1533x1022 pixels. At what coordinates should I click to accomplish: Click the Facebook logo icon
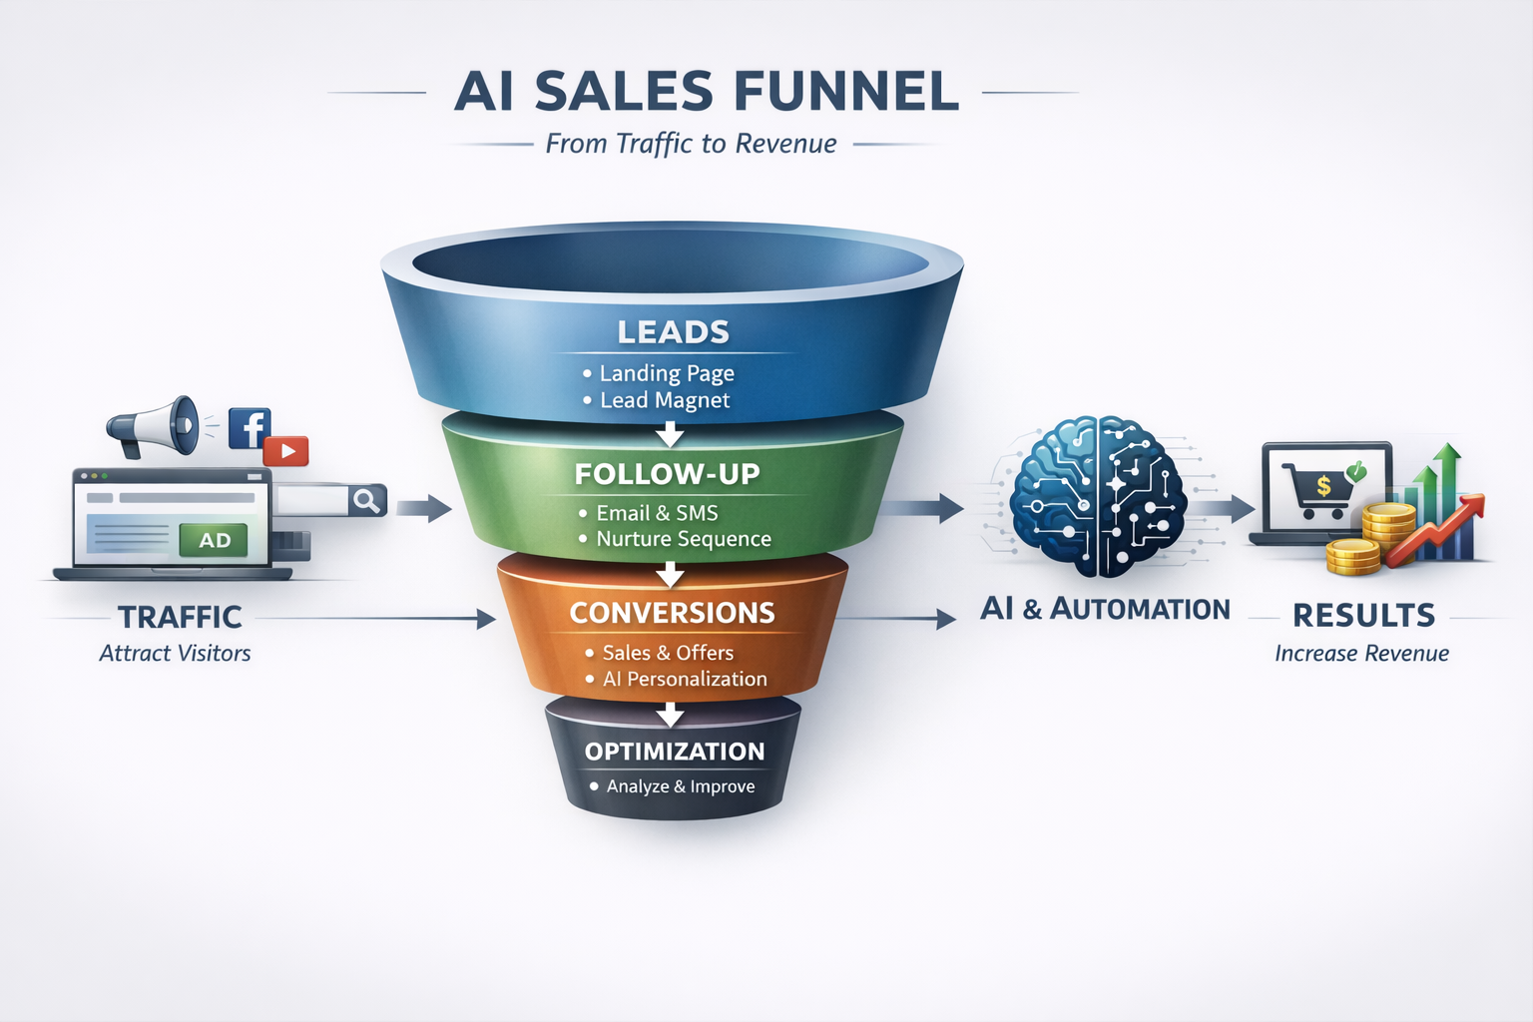[x=249, y=427]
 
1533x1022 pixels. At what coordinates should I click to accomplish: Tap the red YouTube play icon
[x=286, y=451]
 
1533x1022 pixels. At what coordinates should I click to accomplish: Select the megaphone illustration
[x=155, y=426]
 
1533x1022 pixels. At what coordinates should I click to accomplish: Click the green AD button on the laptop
[x=215, y=540]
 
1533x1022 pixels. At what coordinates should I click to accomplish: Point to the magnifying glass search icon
[x=366, y=500]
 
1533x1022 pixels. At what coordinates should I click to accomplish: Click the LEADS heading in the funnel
[x=673, y=332]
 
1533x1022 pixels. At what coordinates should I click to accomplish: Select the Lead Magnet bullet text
[x=665, y=400]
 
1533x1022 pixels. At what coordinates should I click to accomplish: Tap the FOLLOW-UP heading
[x=667, y=474]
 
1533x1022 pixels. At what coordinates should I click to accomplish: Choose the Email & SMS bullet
[x=657, y=513]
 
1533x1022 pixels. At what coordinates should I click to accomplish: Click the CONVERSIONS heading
[x=672, y=613]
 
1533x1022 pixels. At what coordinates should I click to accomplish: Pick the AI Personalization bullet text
[x=685, y=679]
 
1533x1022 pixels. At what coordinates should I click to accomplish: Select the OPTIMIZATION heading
[x=675, y=752]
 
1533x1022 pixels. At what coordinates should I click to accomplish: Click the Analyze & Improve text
[x=681, y=786]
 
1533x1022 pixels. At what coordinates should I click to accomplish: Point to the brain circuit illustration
[x=1098, y=496]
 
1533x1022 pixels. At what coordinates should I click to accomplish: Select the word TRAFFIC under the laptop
[x=180, y=617]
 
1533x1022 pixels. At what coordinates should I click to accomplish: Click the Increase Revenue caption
[x=1361, y=654]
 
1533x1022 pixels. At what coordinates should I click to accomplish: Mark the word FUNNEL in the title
[x=845, y=92]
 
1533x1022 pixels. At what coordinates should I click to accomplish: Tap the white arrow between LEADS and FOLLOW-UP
[x=670, y=434]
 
